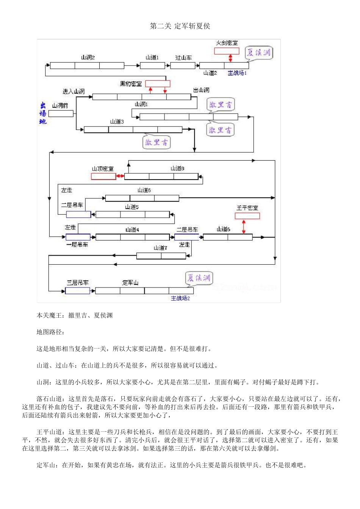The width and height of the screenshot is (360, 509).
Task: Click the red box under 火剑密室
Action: coord(227,51)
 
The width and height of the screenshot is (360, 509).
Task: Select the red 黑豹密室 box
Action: coord(158,84)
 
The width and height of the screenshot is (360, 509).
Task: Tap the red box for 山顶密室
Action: coord(103,176)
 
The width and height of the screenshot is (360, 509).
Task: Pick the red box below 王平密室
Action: coord(247,216)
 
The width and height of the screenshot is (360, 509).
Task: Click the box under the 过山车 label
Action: coord(183,66)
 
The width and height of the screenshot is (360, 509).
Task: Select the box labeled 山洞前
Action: coord(61,113)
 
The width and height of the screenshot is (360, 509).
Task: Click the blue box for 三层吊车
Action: coord(78,291)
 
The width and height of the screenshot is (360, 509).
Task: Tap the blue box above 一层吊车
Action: coord(78,237)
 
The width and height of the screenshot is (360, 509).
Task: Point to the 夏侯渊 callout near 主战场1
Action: coord(258,53)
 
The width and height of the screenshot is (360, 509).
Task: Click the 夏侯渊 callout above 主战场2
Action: coord(199,278)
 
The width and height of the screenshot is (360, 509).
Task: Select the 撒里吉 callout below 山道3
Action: coord(156,142)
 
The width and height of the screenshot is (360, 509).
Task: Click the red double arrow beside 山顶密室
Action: coord(120,176)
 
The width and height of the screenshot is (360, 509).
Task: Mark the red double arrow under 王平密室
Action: coord(244,226)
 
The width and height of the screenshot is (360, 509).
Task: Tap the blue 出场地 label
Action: coord(43,113)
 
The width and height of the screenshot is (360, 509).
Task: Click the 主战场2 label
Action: coord(180,298)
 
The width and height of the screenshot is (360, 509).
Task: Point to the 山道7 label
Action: coord(160,248)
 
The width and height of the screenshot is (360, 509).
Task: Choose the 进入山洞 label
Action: coord(74,91)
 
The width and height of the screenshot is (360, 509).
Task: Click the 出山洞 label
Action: coord(201,90)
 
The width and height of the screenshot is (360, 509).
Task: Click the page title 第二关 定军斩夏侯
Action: coord(180,26)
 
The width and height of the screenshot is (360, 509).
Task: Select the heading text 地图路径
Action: coord(50,332)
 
